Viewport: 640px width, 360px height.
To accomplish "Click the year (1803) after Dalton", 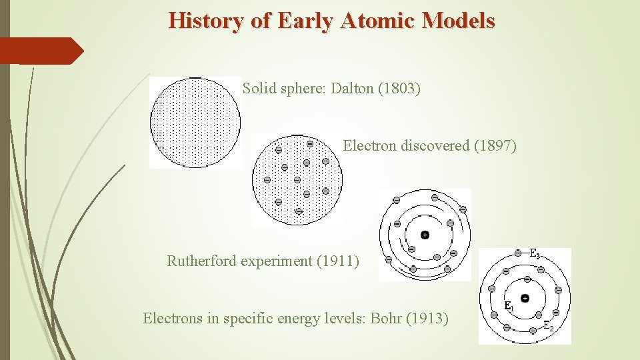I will pos(399,89).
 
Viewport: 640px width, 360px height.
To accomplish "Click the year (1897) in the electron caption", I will pos(495,145).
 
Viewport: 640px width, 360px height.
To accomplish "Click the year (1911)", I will pos(337,261).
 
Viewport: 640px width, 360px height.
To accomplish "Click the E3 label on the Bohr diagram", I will pos(535,254).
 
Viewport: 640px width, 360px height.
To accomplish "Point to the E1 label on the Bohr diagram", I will pos(509,306).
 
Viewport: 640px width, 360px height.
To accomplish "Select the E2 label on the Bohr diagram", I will pos(548,326).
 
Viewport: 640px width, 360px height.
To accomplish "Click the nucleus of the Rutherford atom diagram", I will pos(425,235).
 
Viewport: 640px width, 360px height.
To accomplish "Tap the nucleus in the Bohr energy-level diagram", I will pos(525,298).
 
